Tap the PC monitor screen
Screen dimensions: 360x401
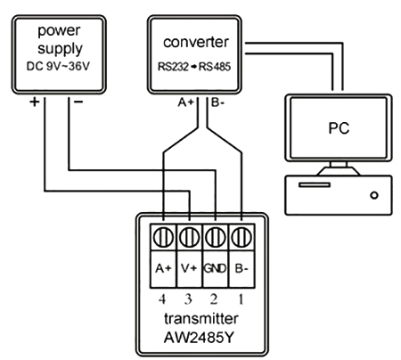[333, 127]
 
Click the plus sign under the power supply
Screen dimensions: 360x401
[34, 102]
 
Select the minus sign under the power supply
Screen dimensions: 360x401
[78, 102]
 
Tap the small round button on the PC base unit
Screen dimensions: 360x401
[375, 192]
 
